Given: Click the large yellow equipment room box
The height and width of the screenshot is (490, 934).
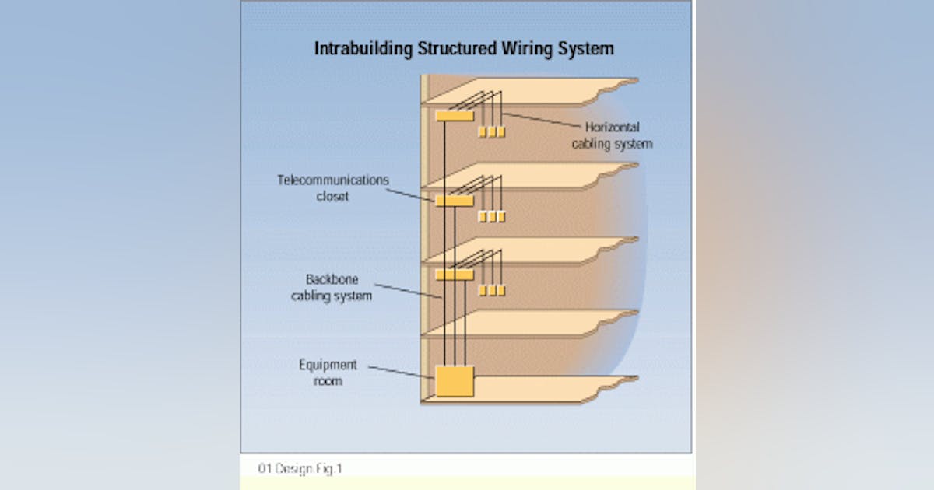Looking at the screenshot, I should pyautogui.click(x=455, y=381).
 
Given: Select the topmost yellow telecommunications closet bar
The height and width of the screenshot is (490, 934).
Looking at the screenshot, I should pyautogui.click(x=454, y=116).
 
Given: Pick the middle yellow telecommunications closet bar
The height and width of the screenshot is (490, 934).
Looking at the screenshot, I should pyautogui.click(x=454, y=201).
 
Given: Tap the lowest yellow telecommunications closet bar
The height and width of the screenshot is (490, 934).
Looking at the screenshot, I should pyautogui.click(x=454, y=275).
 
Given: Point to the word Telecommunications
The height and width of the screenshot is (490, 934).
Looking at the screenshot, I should pyautogui.click(x=332, y=180).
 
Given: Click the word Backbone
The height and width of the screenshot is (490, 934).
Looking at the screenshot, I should pyautogui.click(x=332, y=279).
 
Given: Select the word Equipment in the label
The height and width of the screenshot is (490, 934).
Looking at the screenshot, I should pyautogui.click(x=328, y=365).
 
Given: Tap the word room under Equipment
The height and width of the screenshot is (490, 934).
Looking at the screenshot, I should pyautogui.click(x=328, y=381).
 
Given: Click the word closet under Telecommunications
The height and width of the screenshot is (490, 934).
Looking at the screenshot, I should pyautogui.click(x=332, y=197).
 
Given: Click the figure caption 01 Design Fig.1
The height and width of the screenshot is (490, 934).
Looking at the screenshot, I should pyautogui.click(x=300, y=468).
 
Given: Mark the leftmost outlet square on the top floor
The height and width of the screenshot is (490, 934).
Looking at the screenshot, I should pyautogui.click(x=483, y=132).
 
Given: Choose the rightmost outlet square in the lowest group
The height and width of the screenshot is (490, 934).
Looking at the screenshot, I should pyautogui.click(x=501, y=291).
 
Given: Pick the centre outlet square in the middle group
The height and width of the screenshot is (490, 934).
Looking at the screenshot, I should pyautogui.click(x=492, y=217).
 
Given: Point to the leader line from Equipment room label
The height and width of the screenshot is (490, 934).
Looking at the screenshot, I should pyautogui.click(x=401, y=372).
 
